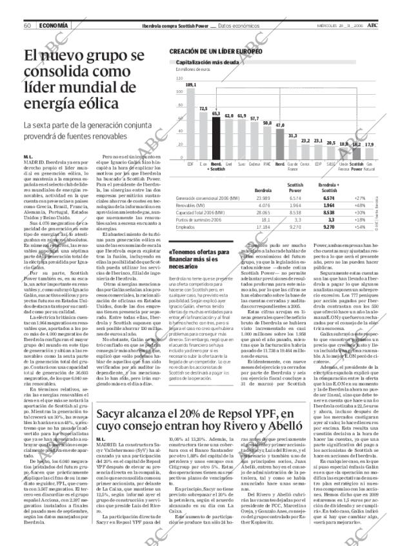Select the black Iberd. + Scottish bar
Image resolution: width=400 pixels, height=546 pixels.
point(215,137)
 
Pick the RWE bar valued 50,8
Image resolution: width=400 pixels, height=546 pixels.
point(267,141)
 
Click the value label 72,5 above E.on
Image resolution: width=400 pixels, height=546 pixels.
point(203,108)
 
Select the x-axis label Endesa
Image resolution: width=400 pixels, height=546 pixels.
point(254,165)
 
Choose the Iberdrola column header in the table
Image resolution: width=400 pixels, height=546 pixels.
point(263,191)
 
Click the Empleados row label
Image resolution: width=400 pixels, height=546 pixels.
point(185,228)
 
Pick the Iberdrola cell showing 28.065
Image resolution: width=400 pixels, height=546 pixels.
point(263,212)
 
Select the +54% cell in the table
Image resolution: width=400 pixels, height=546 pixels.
point(359,228)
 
